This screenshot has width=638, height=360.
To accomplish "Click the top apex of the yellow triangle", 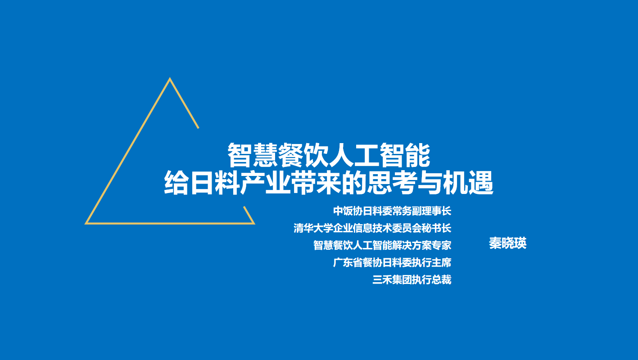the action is click(170, 78).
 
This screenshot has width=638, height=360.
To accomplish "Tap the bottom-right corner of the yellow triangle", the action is click(254, 224).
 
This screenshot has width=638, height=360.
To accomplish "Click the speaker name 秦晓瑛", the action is click(507, 243).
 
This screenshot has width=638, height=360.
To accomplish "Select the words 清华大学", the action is click(313, 228).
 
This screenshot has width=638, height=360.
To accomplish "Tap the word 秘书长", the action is click(437, 228).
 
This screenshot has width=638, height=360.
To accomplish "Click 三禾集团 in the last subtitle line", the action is click(392, 280).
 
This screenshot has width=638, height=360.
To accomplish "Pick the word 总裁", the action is click(442, 280).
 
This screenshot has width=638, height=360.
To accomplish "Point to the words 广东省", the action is click(348, 262).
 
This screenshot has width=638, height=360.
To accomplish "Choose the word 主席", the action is click(442, 262).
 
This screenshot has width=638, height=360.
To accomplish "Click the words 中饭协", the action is click(348, 211).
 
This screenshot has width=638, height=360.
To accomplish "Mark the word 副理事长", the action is click(431, 211).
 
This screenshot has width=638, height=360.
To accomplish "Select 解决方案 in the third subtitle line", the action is click(412, 245).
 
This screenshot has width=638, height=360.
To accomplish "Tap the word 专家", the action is click(442, 245).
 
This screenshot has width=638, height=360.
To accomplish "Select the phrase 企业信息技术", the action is click(362, 228).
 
